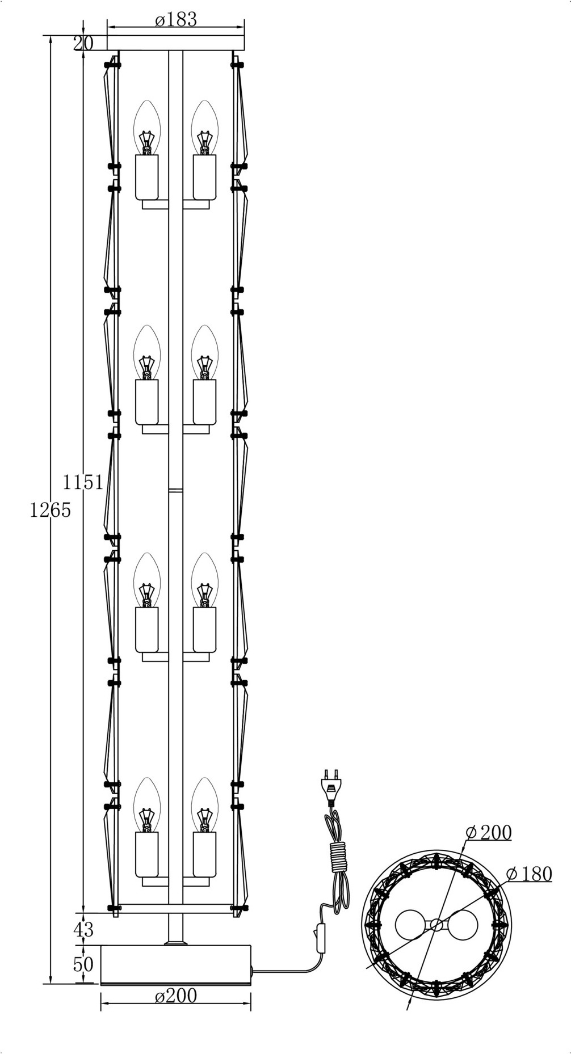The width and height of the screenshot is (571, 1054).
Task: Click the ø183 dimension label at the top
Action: (x=176, y=19)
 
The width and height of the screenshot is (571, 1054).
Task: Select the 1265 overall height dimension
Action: (x=51, y=510)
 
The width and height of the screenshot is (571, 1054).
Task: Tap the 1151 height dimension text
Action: (x=83, y=482)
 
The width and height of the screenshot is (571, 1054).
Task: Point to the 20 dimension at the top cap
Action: (x=83, y=43)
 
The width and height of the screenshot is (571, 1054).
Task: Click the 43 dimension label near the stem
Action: (x=83, y=929)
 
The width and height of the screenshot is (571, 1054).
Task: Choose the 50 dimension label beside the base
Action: (x=83, y=964)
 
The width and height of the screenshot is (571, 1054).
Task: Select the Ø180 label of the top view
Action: (x=529, y=874)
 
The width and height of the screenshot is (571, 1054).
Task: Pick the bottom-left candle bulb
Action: (x=147, y=805)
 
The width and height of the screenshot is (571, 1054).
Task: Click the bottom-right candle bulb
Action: (x=205, y=805)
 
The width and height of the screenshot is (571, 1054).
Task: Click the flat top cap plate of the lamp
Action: (x=176, y=43)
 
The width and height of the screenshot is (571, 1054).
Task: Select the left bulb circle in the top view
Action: (x=413, y=925)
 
